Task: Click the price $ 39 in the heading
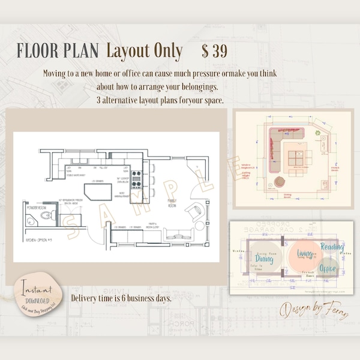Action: [x=214, y=52]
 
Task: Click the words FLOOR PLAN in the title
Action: [x=57, y=52]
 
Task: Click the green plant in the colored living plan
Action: [x=316, y=132]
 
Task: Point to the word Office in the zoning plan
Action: [x=328, y=268]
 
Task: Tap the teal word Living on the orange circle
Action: [x=305, y=254]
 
